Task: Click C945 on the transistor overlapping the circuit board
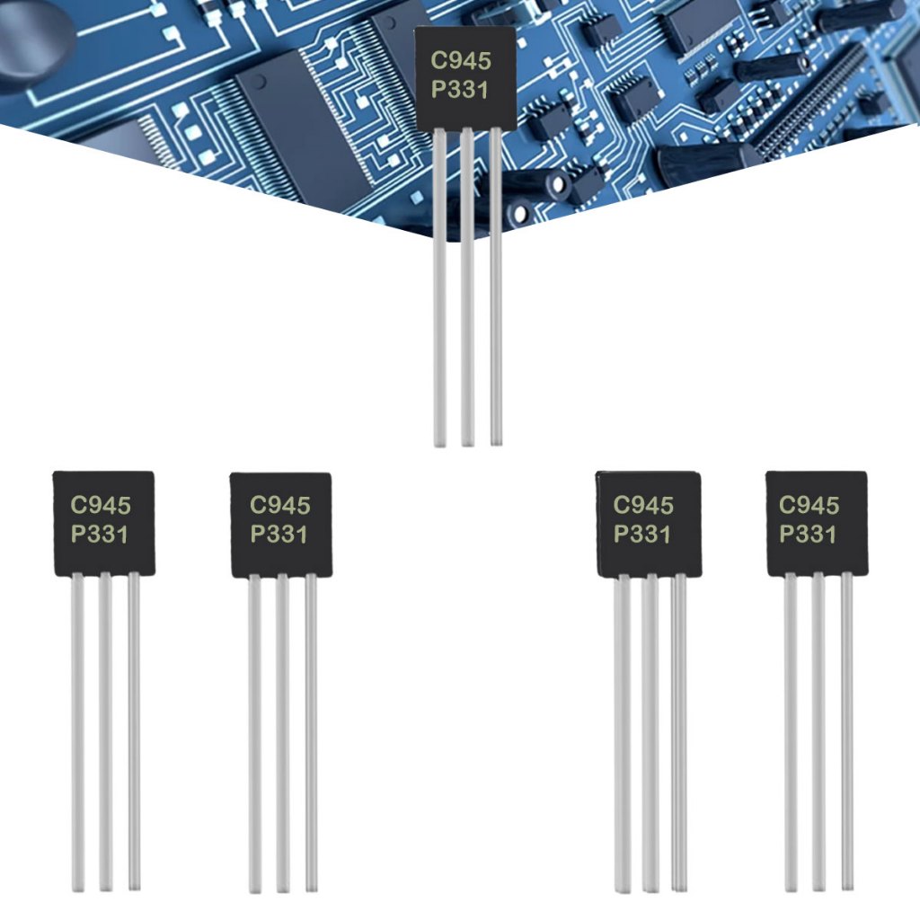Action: pos(462,62)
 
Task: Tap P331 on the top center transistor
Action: pos(462,90)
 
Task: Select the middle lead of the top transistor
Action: pos(467,287)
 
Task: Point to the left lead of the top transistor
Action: pos(439,287)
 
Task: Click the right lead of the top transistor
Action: pos(496,287)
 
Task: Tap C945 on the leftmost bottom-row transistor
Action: pos(101,506)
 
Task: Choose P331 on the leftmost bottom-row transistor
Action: pos(101,535)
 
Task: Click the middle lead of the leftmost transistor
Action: pos(106,728)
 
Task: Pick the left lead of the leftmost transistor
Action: pos(78,728)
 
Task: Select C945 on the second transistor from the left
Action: pos(279,506)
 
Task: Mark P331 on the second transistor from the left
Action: pos(279,535)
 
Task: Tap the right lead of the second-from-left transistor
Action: pos(311,728)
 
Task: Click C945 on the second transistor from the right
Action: pos(643,506)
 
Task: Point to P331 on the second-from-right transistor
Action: pos(643,535)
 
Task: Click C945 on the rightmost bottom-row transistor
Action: pos(809,506)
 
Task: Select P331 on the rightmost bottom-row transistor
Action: pos(809,535)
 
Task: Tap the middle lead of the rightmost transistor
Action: pos(818,728)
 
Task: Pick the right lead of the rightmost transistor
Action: pos(847,728)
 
